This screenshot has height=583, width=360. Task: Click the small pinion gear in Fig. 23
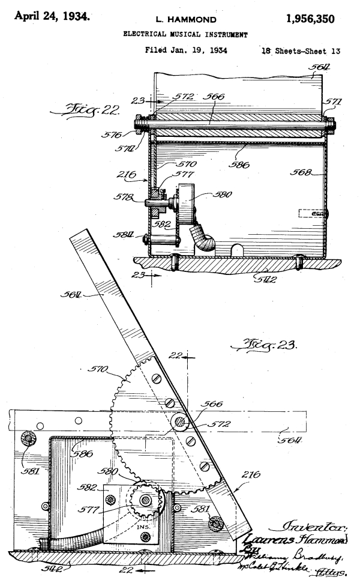click(x=145, y=499)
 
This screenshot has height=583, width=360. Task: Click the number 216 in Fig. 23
click(x=251, y=476)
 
